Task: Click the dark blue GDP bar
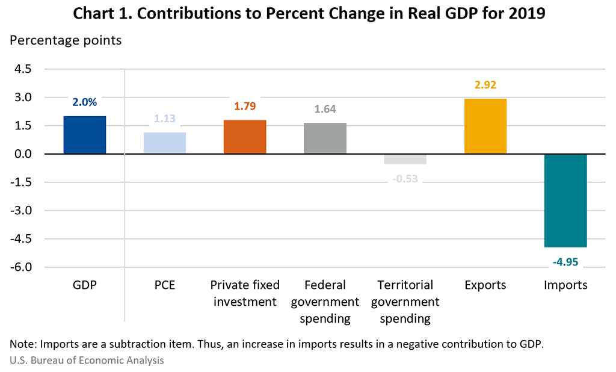(84, 135)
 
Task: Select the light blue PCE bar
(164, 143)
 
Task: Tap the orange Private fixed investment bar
(244, 137)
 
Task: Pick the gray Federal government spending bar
(325, 138)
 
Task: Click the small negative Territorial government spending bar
(405, 159)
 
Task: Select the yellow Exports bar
(485, 126)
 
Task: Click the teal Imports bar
(565, 200)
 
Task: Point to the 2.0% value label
(84, 102)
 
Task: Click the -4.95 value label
(565, 262)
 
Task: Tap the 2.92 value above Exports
(485, 85)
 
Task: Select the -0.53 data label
(405, 178)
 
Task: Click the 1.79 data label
(244, 107)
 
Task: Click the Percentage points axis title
(66, 41)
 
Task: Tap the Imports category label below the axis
(565, 285)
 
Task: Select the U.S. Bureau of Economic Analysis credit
(86, 361)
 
